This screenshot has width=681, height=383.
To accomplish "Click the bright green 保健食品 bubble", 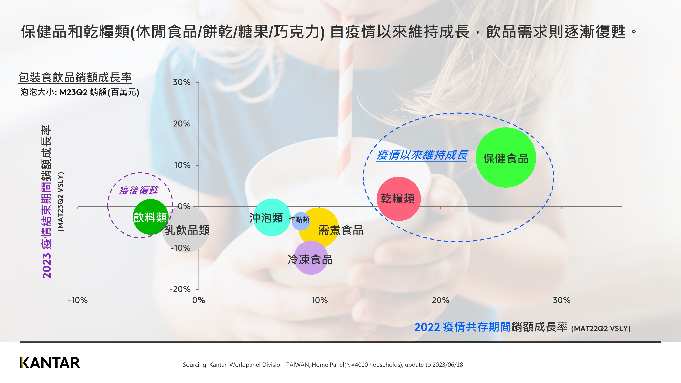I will [x=505, y=157].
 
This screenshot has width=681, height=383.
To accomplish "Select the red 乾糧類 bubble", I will [x=398, y=199].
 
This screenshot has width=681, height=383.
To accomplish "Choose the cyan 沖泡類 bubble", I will [x=272, y=217].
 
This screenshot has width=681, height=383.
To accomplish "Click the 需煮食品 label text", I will [x=340, y=230].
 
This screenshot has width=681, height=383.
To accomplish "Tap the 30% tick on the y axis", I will [x=182, y=82].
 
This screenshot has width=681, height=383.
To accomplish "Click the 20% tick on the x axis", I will [x=440, y=300].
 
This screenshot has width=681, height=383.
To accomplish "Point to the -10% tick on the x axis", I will [x=78, y=300].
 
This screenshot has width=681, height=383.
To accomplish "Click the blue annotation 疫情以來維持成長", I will [x=422, y=155].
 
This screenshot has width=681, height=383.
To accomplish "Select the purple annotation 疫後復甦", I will [x=138, y=190].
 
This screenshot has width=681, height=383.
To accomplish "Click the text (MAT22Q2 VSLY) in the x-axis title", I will [x=601, y=329].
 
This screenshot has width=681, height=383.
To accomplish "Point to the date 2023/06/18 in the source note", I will [x=448, y=365].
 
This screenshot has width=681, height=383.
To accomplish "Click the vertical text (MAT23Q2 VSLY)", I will [x=61, y=202].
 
